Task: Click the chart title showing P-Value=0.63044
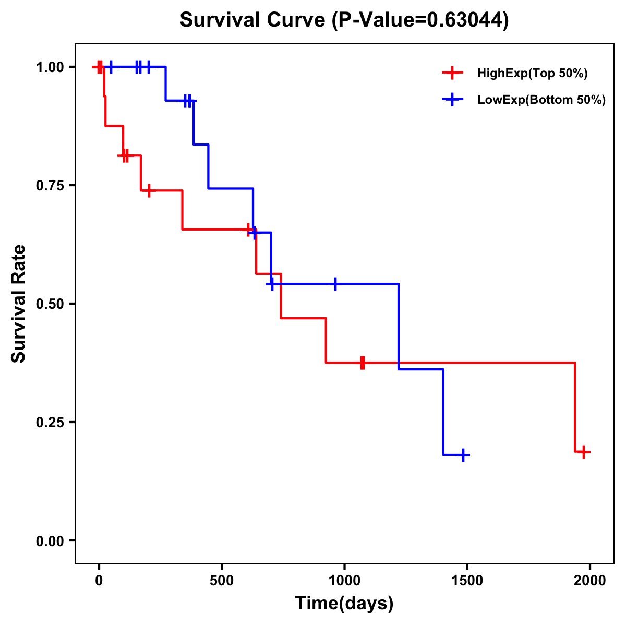(x=344, y=20)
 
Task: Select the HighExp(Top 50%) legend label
(x=532, y=74)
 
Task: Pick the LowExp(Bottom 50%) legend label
(x=541, y=100)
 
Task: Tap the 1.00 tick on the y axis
(x=50, y=67)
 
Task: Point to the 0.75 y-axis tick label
(x=50, y=186)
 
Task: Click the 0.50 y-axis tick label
(x=50, y=304)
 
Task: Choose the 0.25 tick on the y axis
(x=50, y=423)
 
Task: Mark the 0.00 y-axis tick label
(x=50, y=541)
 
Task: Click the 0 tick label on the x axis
(x=99, y=581)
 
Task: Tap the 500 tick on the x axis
(x=222, y=581)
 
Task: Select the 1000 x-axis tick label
(x=344, y=581)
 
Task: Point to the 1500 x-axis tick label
(x=467, y=581)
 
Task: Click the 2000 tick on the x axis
(x=590, y=581)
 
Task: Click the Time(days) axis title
(x=344, y=604)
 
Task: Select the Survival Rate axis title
(x=19, y=304)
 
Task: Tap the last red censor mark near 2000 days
(x=584, y=452)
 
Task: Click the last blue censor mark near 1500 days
(x=463, y=455)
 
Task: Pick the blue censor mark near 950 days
(x=335, y=284)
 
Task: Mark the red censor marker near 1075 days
(x=362, y=363)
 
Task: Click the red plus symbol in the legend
(x=452, y=73)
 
